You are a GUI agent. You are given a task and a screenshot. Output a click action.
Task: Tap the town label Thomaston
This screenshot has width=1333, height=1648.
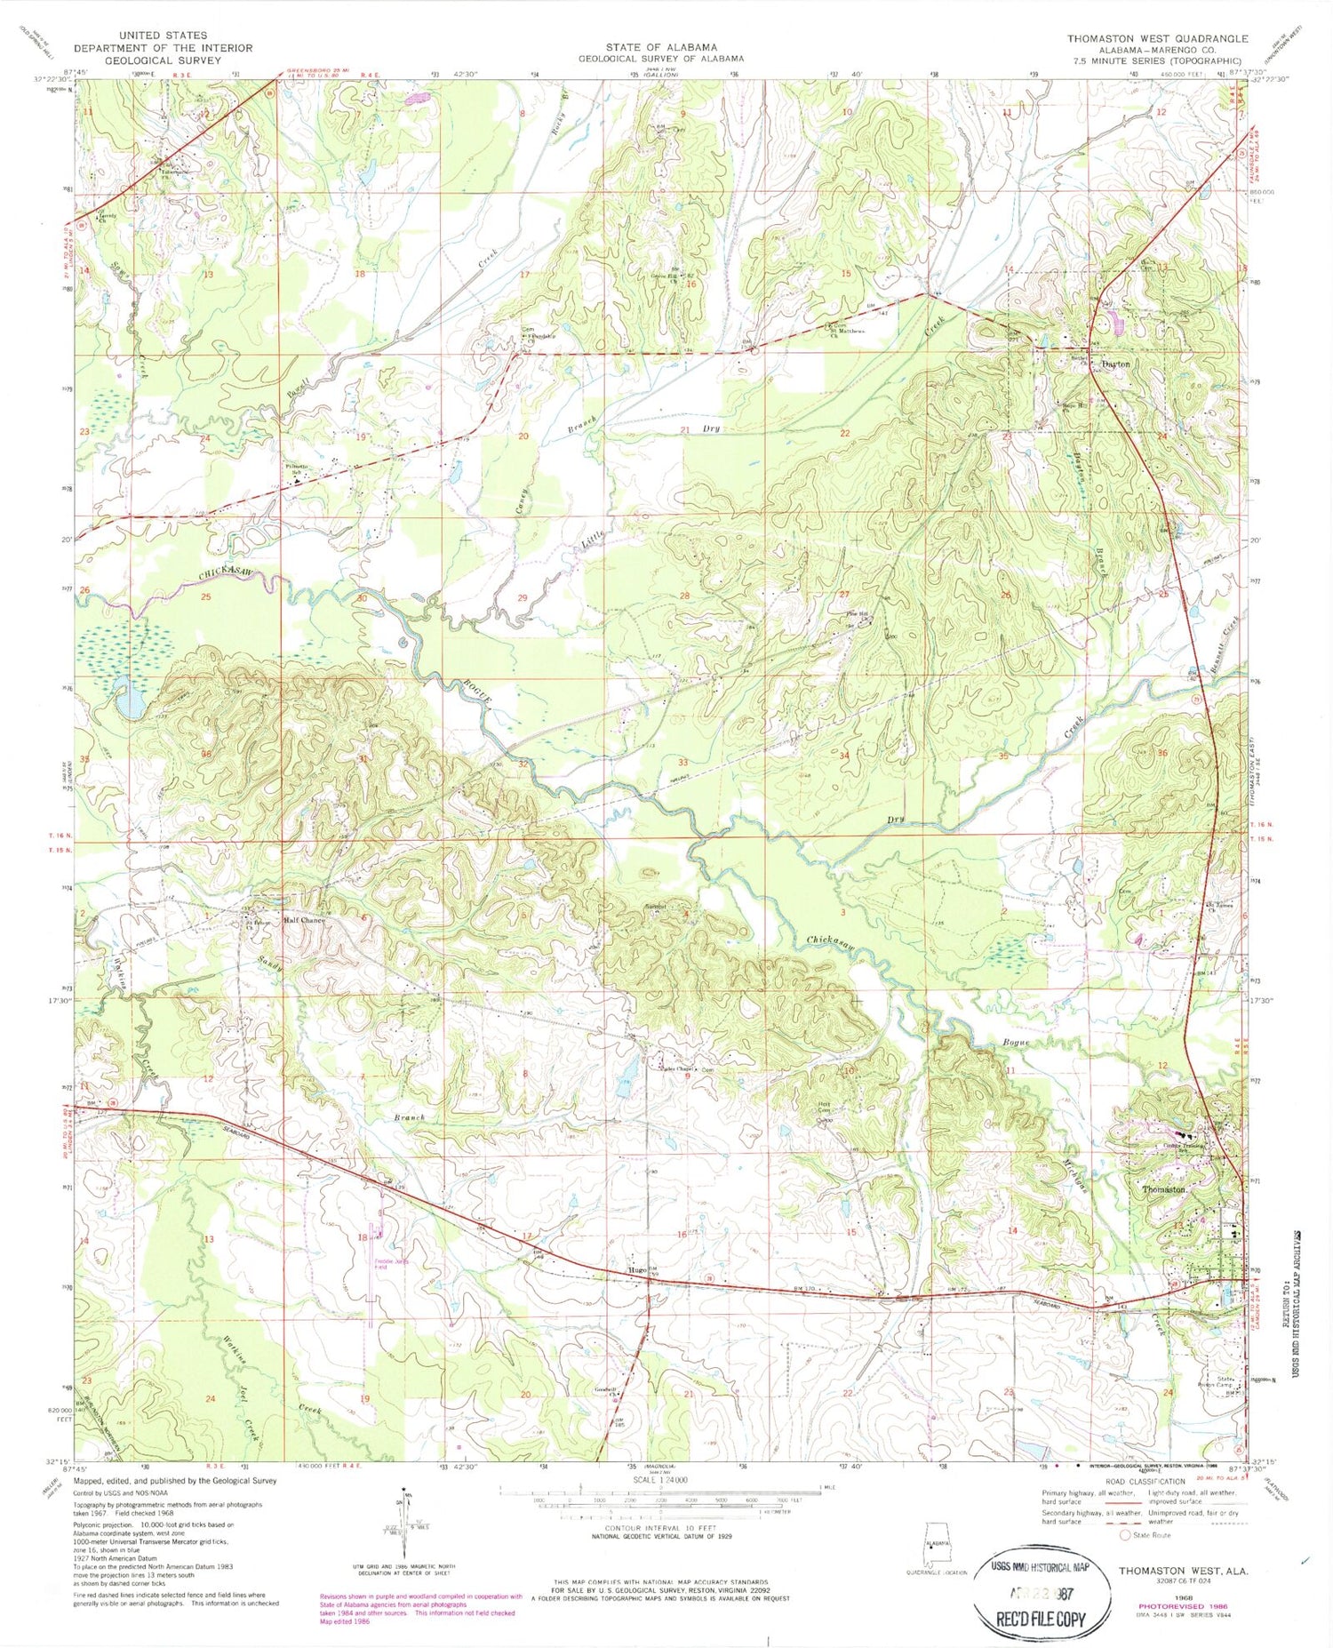click(x=1163, y=1188)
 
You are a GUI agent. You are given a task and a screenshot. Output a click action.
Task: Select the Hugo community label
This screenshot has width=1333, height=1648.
click(x=636, y=1270)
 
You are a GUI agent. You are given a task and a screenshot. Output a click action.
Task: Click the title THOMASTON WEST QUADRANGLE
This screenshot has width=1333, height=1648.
click(x=1158, y=39)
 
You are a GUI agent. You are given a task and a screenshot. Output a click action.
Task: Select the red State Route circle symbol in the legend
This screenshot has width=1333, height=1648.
click(x=1125, y=1535)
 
